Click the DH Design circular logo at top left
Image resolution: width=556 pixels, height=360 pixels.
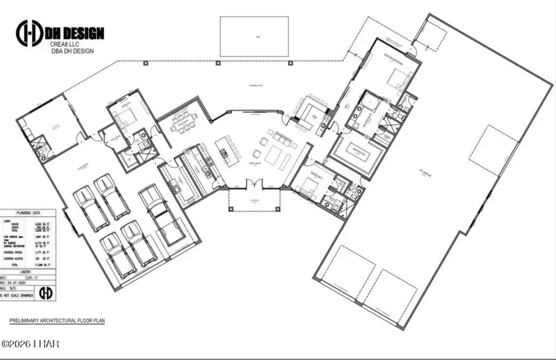pyautogui.click(x=30, y=33)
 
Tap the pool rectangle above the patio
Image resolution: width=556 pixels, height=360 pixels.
pyautogui.click(x=254, y=36)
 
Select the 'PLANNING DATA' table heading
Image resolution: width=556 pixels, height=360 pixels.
pyautogui.click(x=28, y=214)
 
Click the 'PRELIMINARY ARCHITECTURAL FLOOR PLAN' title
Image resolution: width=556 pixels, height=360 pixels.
pyautogui.click(x=57, y=321)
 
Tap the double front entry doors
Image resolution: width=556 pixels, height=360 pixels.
pyautogui.click(x=254, y=185)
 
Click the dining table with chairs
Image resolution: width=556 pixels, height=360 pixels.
pyautogui.click(x=184, y=124)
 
